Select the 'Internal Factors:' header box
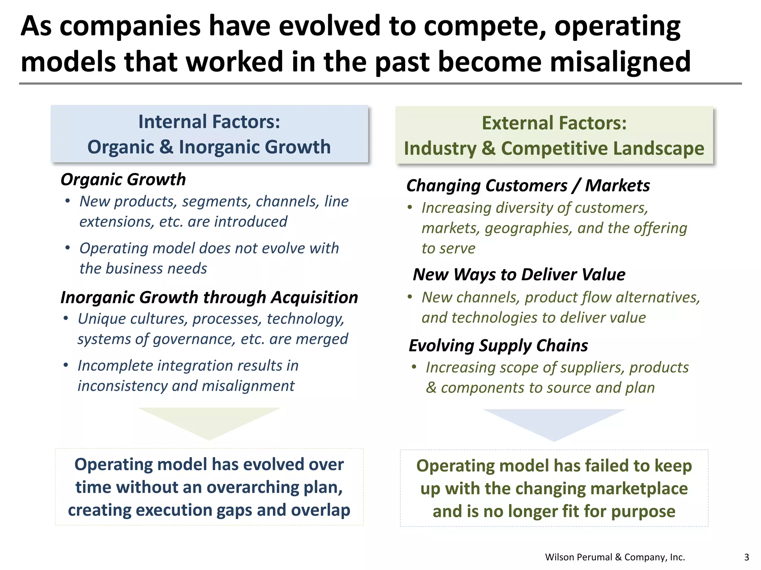[x=209, y=134]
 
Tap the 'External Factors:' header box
[x=554, y=135]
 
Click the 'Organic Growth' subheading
[x=123, y=180]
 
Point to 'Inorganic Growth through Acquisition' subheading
[x=209, y=298]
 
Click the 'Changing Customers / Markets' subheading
[x=528, y=186]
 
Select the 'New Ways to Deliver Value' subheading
[x=519, y=275]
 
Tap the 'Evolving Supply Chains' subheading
[x=498, y=345]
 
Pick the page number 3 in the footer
[x=747, y=557]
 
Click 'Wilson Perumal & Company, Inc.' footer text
[x=615, y=557]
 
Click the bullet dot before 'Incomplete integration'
[x=66, y=366]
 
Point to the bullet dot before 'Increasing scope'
[x=414, y=367]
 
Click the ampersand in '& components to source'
[x=431, y=388]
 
